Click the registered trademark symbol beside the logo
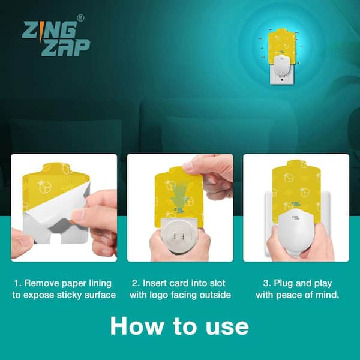[80, 18]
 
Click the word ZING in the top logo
[50, 31]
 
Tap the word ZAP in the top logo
[65, 47]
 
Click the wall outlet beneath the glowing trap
[281, 76]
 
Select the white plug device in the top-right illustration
[281, 64]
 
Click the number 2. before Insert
[136, 283]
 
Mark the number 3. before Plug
[267, 283]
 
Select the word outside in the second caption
[215, 295]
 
